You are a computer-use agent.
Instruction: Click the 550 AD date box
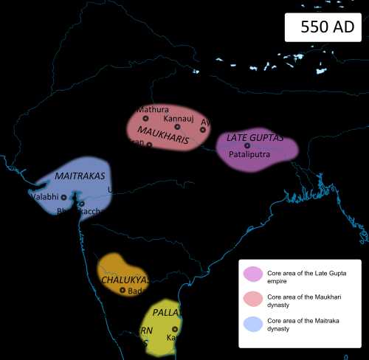(324, 27)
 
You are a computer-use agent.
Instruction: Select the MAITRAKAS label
(80, 177)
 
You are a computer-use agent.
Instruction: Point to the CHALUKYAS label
(124, 280)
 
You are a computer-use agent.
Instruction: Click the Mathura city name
(149, 110)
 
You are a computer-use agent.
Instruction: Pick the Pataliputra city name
(249, 156)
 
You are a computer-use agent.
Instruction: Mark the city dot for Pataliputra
(248, 145)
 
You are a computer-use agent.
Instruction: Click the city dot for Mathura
(145, 118)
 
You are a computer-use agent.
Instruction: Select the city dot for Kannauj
(177, 127)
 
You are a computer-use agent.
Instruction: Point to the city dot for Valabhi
(63, 197)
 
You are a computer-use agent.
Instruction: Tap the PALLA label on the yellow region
(166, 313)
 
